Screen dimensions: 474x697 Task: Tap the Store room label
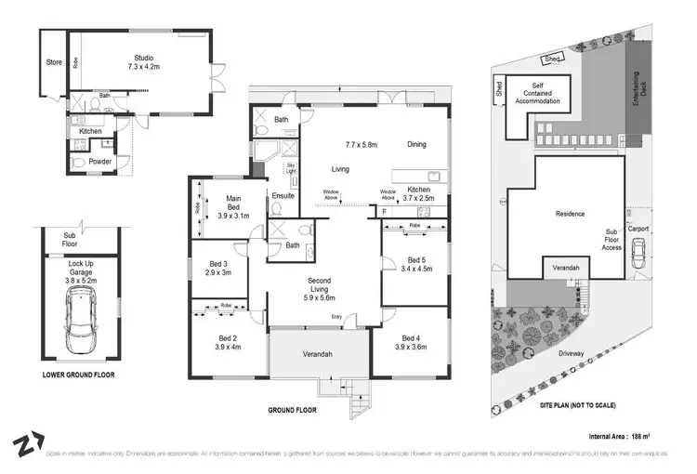(x=54, y=63)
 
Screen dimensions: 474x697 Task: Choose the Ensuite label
(x=283, y=196)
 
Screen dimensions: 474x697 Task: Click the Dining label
(x=416, y=144)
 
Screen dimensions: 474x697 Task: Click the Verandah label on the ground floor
(x=318, y=354)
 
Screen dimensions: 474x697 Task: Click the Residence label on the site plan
(x=570, y=214)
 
